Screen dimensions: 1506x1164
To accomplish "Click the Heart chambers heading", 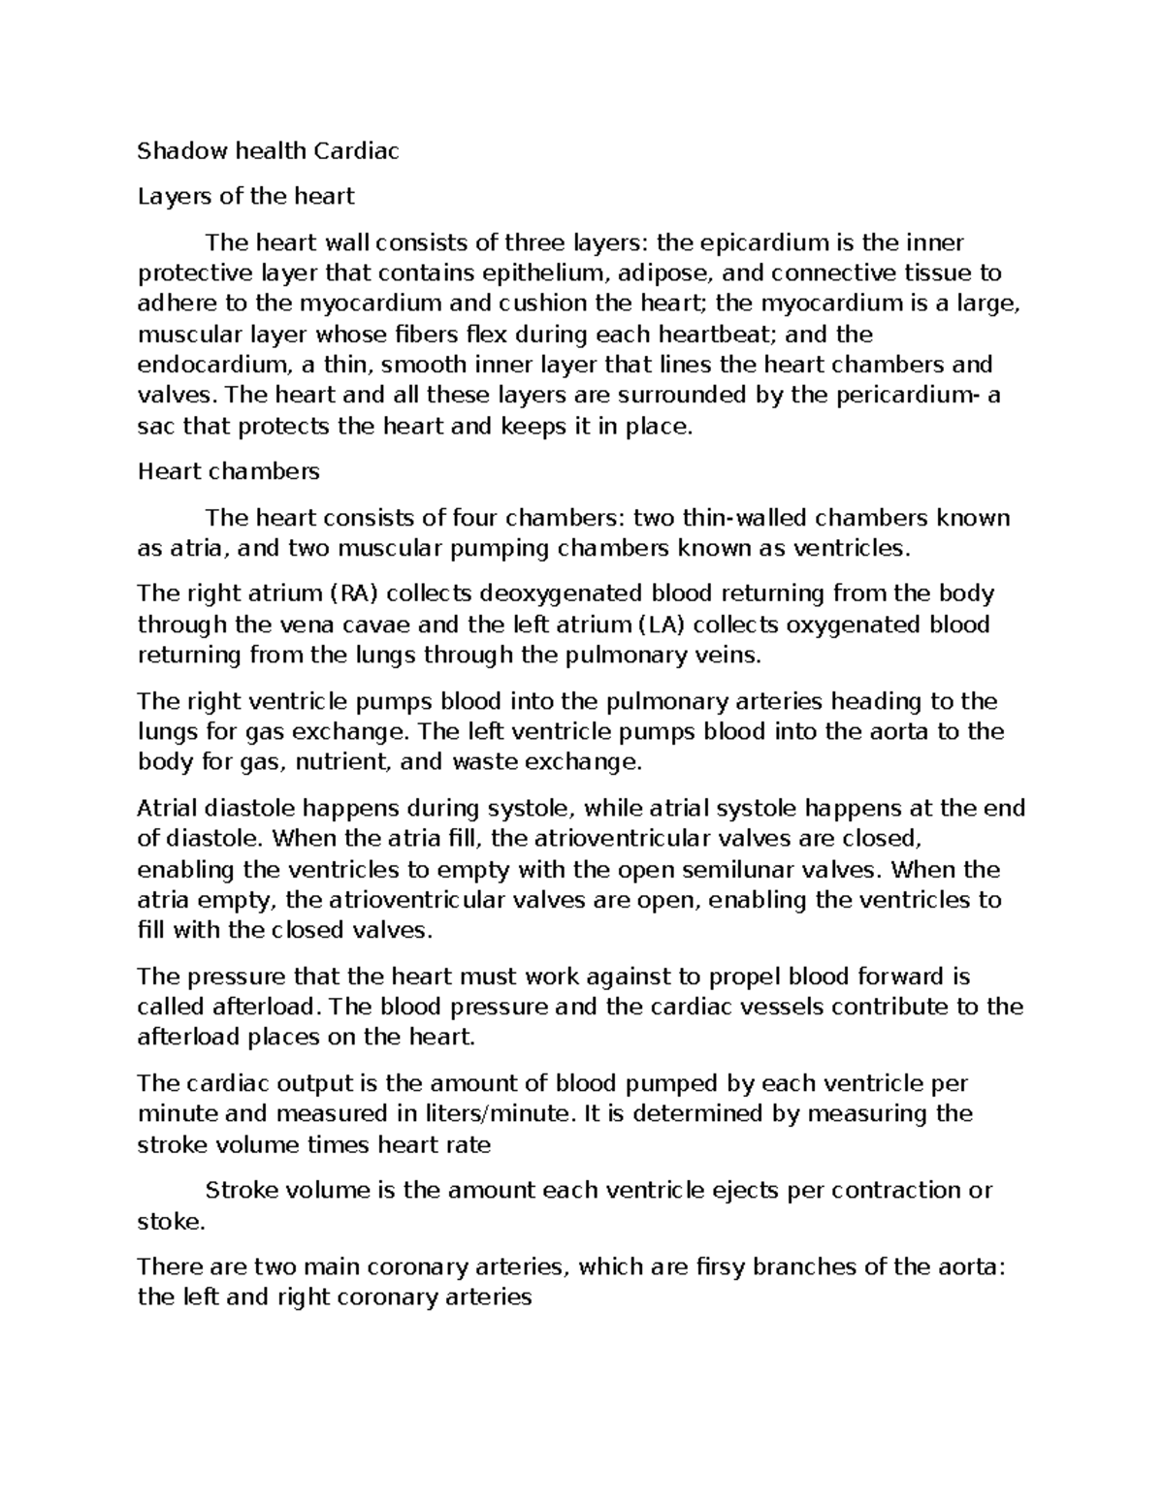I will [x=228, y=471].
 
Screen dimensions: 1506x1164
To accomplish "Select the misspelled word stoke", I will [x=172, y=1221].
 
